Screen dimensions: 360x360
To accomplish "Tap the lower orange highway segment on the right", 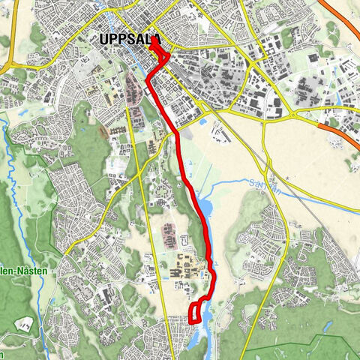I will (341, 135).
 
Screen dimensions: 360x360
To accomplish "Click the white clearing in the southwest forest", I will (25, 324).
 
